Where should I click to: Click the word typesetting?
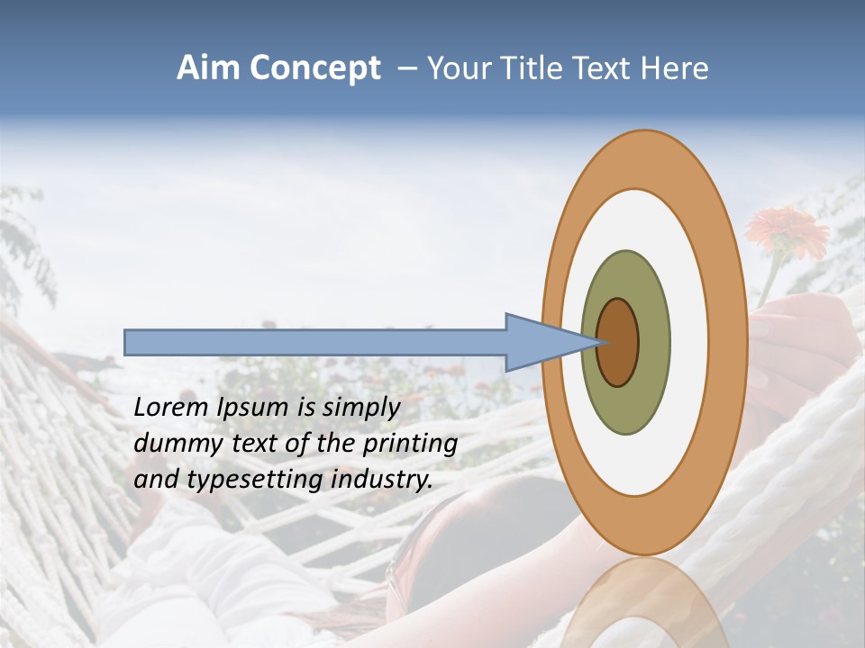241,481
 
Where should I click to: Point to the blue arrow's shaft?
315,342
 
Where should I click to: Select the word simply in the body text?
361,409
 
